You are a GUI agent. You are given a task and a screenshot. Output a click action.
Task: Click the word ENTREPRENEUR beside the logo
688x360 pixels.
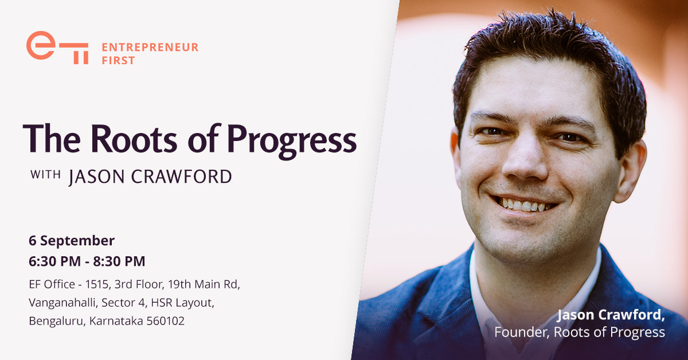coord(150,48)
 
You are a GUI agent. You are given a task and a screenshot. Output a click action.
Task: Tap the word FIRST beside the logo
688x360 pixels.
coord(118,61)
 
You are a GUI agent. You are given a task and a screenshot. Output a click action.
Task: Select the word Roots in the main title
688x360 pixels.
coord(134,139)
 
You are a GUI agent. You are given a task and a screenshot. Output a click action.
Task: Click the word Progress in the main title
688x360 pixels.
coord(292,141)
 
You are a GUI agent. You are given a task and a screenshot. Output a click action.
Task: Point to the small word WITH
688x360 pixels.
coord(45,174)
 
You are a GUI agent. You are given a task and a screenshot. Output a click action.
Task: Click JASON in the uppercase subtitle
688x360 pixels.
coord(96,177)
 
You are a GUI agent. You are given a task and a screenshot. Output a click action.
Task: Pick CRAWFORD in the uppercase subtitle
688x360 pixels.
coord(182,177)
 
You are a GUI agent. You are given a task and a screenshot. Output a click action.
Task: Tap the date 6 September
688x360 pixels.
coord(72,241)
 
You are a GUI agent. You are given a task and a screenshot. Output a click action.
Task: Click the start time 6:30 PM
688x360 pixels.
coord(54,261)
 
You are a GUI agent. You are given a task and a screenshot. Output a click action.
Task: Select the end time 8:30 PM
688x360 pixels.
coord(119,261)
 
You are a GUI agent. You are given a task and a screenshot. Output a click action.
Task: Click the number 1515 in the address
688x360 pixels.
coord(97,284)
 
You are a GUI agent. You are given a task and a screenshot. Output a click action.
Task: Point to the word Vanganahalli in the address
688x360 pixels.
coord(63,303)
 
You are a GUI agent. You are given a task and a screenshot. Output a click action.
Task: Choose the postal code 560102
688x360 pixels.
coord(166,321)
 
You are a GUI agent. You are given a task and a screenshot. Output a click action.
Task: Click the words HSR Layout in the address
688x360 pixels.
coord(182,303)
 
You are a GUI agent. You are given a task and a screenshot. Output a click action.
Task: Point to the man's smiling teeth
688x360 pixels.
coord(524,205)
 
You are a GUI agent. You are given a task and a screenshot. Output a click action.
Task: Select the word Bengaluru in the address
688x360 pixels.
coord(57,321)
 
